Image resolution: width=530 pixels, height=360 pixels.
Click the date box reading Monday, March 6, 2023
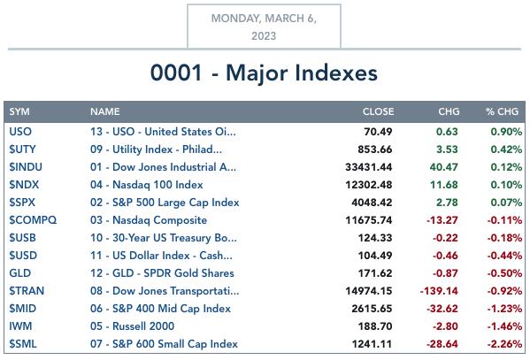[264, 27]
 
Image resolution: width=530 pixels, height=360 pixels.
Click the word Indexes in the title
[336, 73]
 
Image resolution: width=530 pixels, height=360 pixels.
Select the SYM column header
[19, 111]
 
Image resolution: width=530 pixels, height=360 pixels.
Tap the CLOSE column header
[378, 111]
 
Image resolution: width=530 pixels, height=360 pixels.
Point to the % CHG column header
[502, 111]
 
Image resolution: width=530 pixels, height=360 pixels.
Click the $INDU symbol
[26, 167]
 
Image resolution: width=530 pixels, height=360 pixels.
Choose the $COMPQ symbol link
[33, 220]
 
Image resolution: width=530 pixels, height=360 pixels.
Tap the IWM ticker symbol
[20, 326]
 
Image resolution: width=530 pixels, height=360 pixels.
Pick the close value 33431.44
[369, 167]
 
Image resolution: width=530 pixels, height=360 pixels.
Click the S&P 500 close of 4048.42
[372, 203]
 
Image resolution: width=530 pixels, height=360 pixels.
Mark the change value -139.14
[439, 291]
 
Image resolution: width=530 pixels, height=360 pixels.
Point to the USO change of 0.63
[447, 132]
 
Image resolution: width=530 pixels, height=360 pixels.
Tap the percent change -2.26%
[504, 344]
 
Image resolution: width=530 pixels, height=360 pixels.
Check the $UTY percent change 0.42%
[506, 149]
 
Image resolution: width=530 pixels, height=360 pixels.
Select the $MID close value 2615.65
[372, 309]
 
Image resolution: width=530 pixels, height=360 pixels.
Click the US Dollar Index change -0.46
[445, 256]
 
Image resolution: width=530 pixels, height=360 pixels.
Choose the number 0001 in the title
[176, 73]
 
